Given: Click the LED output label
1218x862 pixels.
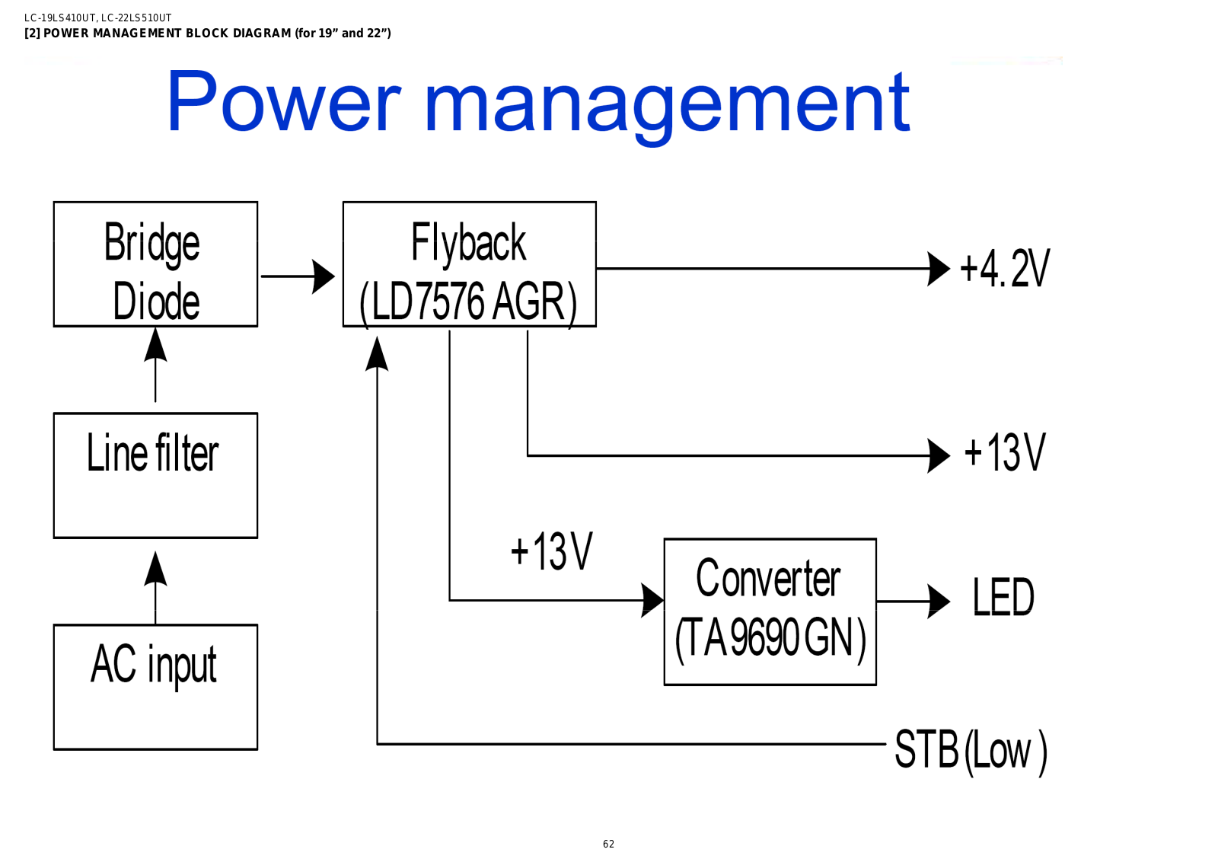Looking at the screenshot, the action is click(1003, 596).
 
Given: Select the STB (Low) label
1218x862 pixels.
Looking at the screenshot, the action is click(971, 752).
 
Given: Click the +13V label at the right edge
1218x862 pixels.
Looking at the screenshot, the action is click(1005, 452).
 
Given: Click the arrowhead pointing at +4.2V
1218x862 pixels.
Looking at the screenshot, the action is click(939, 269).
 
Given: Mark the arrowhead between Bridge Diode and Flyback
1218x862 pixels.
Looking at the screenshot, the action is click(324, 276).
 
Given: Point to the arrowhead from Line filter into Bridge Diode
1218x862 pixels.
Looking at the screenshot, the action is click(155, 344).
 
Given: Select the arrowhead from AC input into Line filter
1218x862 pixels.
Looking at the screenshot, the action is click(155, 568).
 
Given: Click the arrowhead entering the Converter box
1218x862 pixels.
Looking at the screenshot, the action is click(652, 600).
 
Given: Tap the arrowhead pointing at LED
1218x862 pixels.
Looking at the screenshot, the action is click(939, 602).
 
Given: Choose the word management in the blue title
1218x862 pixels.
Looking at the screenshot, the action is click(667, 107).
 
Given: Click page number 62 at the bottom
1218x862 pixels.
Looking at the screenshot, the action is click(608, 844).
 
